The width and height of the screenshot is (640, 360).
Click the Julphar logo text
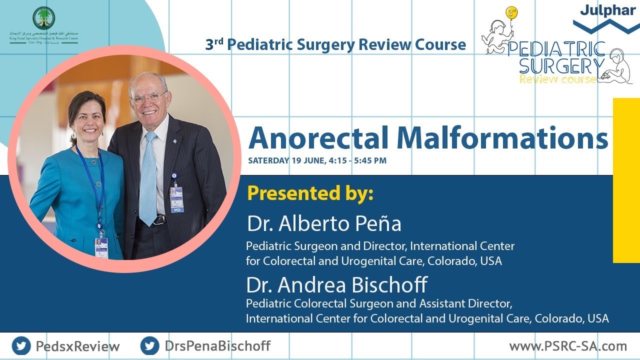pyautogui.click(x=607, y=10)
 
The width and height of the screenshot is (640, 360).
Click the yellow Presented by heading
pyautogui.click(x=310, y=193)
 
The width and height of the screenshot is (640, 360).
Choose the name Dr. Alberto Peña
pyautogui.click(x=324, y=224)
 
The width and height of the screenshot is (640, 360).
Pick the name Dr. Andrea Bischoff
pyautogui.click(x=337, y=285)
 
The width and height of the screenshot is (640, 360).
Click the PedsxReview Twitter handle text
pyautogui.click(x=77, y=346)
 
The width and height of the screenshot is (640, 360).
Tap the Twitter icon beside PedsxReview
pyautogui.click(x=21, y=346)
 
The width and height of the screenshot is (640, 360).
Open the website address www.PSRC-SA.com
pyautogui.click(x=568, y=346)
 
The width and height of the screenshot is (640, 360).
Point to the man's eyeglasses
pyautogui.click(x=149, y=97)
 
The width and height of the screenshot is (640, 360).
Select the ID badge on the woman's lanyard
pyautogui.click(x=101, y=247)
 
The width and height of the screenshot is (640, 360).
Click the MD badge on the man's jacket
pyautogui.click(x=176, y=198)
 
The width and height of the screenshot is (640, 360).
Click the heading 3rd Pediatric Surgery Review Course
pyautogui.click(x=335, y=45)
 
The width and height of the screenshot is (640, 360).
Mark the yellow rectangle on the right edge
pyautogui.click(x=626, y=180)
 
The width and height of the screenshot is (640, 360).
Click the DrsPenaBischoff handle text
pyautogui.click(x=217, y=346)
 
